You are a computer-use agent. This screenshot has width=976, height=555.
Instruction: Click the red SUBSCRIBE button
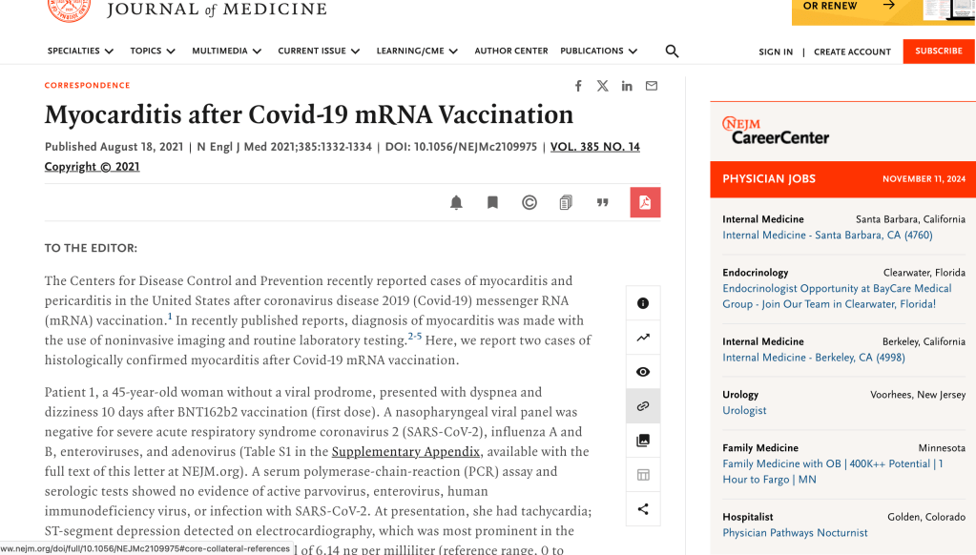click(938, 51)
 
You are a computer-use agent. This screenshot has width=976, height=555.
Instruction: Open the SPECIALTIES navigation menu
click(80, 51)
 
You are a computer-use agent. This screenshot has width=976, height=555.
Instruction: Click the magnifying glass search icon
click(672, 51)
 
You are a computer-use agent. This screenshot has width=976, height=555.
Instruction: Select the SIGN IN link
click(776, 52)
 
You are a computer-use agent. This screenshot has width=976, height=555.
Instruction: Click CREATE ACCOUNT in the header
click(852, 52)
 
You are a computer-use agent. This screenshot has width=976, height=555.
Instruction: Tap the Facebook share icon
click(578, 86)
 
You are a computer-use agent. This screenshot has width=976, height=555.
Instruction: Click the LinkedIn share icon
click(627, 86)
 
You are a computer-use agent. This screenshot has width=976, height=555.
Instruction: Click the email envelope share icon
click(652, 86)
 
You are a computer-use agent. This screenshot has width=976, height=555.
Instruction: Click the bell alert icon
click(456, 202)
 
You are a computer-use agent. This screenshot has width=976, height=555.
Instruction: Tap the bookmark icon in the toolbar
click(492, 202)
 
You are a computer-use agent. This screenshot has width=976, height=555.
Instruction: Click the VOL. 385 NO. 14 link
click(594, 147)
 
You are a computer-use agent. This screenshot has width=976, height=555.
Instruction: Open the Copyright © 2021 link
click(92, 167)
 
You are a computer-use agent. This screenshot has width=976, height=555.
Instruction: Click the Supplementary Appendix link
click(405, 452)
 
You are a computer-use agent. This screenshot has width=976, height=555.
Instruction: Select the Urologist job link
click(744, 411)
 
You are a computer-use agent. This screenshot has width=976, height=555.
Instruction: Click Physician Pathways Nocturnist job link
click(795, 533)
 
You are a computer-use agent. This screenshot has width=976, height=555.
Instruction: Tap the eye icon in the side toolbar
click(643, 372)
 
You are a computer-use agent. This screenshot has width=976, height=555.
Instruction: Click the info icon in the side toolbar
click(643, 303)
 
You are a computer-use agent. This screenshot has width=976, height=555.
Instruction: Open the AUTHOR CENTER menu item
click(511, 51)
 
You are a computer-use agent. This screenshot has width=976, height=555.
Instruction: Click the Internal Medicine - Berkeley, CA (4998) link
click(814, 358)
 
